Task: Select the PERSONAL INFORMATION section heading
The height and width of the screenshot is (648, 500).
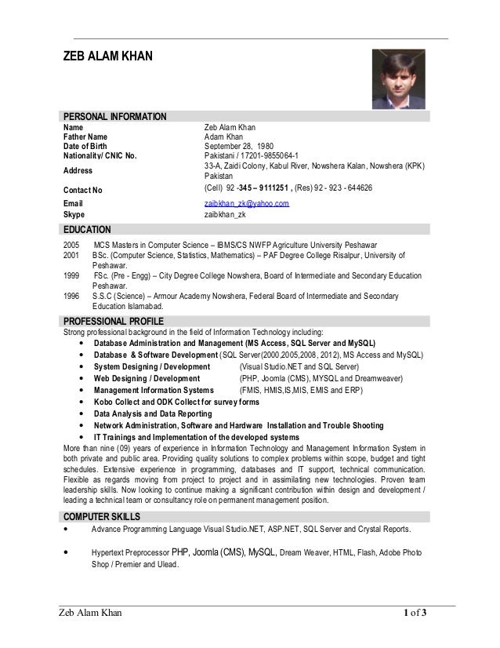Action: (x=114, y=118)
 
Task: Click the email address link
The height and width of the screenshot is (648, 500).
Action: (x=246, y=203)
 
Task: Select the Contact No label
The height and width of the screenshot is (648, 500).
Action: (x=82, y=190)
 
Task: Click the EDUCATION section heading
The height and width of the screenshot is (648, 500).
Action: (x=87, y=230)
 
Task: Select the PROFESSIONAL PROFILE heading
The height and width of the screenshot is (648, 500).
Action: (x=113, y=322)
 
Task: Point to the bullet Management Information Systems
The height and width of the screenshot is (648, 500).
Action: (x=154, y=389)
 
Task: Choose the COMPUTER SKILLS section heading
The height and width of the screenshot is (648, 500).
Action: (x=102, y=516)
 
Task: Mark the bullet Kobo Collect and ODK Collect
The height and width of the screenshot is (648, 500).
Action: (x=176, y=402)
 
